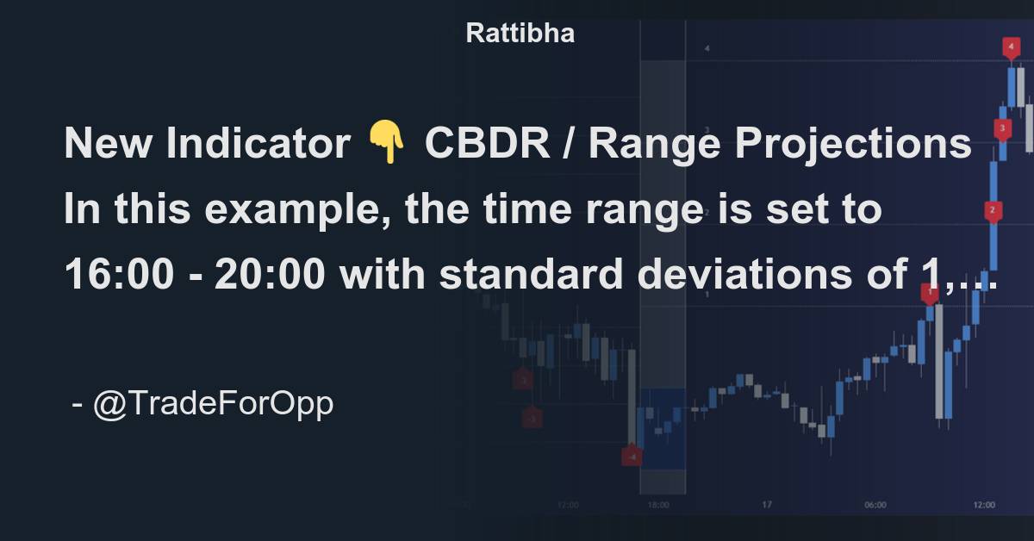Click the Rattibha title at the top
point(520,34)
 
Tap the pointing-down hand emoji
point(386,143)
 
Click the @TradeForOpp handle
point(212,403)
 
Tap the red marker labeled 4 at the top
point(1012,47)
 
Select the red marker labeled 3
point(1002,129)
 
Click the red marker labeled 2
point(993,210)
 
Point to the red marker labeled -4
point(632,457)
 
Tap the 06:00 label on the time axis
point(875,505)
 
